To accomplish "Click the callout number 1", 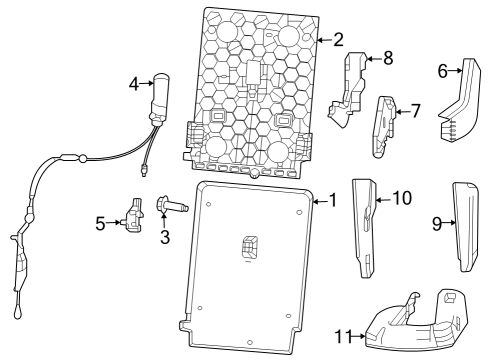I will click(x=333, y=201).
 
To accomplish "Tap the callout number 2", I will click(x=338, y=40).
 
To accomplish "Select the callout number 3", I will click(x=166, y=237).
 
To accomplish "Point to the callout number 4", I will click(x=133, y=84).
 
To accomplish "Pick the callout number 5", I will click(x=101, y=223).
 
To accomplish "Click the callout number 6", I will click(x=442, y=70).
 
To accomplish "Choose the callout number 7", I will click(x=416, y=110).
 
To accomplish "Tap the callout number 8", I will click(x=388, y=58).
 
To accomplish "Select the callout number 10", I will click(x=401, y=198).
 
